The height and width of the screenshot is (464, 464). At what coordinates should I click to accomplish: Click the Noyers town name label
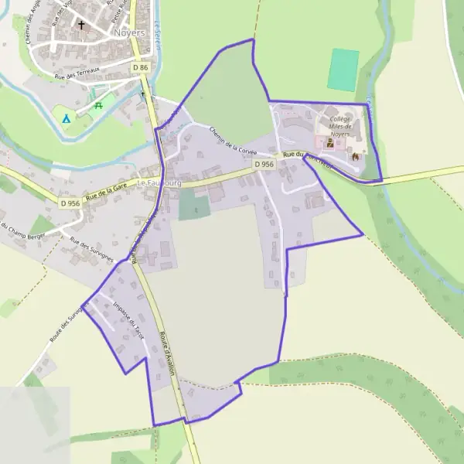[x=128, y=33]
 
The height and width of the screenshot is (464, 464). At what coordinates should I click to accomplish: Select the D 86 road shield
[x=140, y=68]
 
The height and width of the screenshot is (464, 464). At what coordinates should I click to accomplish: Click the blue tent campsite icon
[x=66, y=118]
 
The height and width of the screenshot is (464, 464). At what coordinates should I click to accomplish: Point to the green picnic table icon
[x=98, y=105]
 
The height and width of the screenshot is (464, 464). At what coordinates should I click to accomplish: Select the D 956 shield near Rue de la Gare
[x=69, y=203]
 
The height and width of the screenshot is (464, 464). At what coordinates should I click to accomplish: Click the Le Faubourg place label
[x=158, y=183]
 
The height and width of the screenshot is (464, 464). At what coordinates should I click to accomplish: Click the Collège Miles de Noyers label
[x=340, y=127]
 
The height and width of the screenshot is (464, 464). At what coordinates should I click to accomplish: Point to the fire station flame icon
[x=355, y=156]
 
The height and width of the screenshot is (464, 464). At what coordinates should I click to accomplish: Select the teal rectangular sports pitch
[x=343, y=70]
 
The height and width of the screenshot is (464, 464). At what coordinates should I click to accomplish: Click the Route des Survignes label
[x=66, y=325]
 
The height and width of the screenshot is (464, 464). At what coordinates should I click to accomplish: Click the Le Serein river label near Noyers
[x=157, y=35]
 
